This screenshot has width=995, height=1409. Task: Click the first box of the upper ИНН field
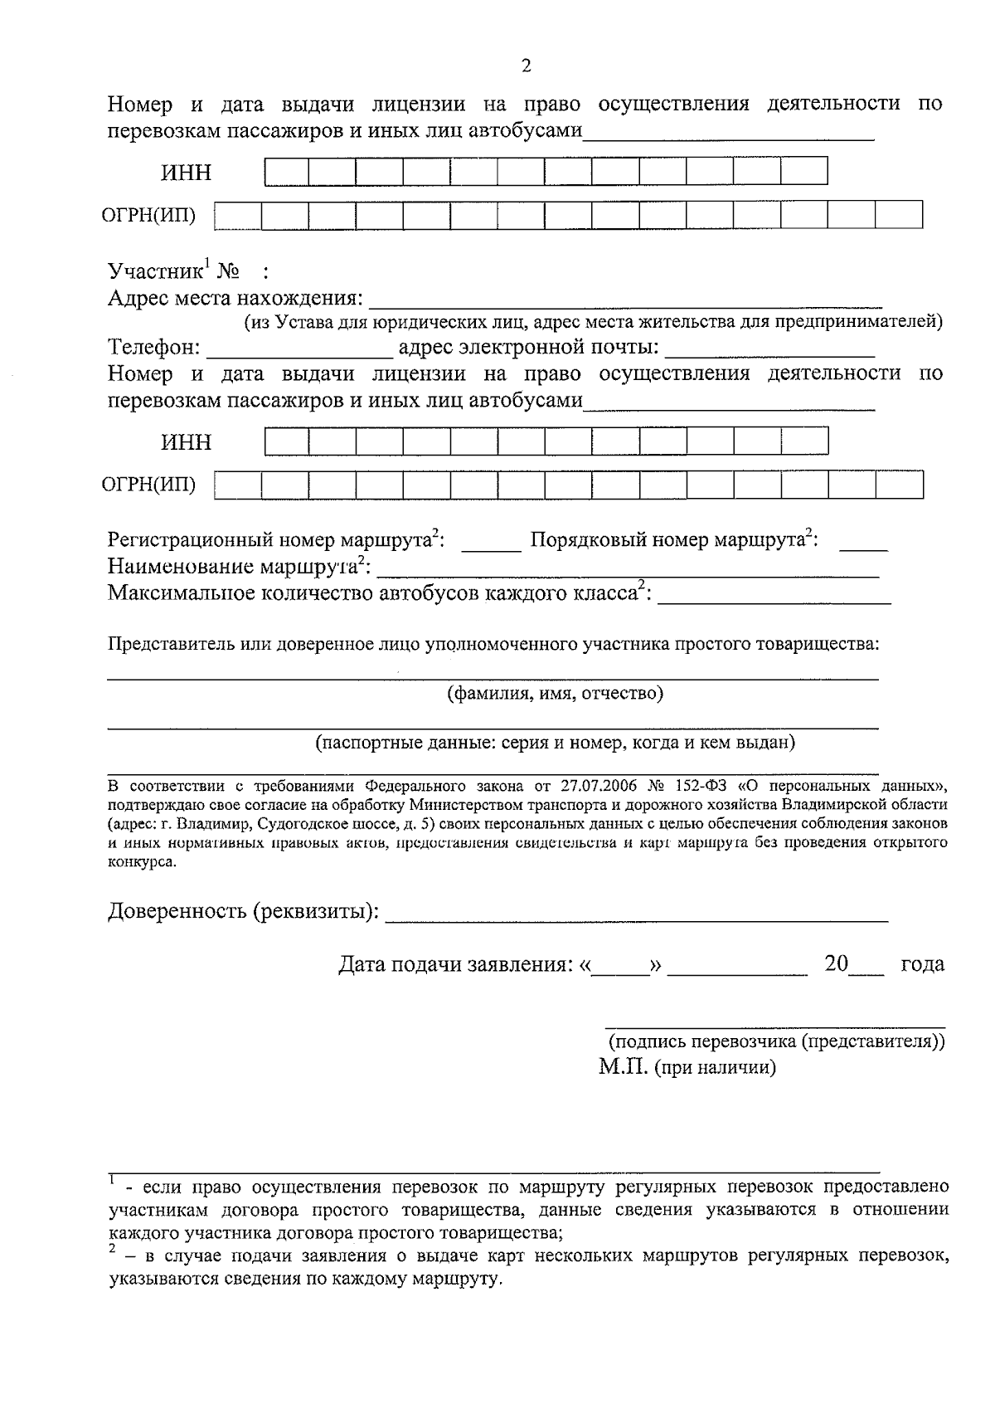point(287,171)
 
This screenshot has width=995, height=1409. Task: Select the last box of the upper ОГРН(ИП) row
point(899,215)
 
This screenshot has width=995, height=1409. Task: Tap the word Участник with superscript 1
point(155,271)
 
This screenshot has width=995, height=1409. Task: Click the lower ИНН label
point(187,441)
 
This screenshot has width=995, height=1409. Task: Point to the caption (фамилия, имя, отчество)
point(555,693)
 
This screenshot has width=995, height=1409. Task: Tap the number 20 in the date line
point(837,964)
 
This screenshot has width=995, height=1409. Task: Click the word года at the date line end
point(922,964)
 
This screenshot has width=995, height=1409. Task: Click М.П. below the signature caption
point(623,1067)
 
